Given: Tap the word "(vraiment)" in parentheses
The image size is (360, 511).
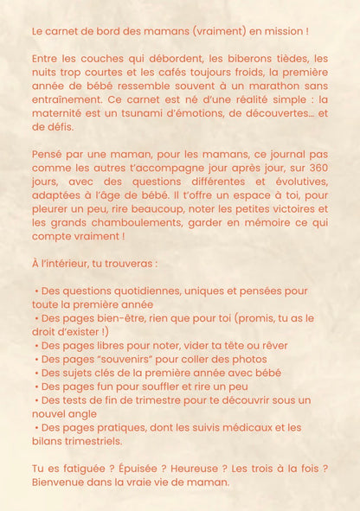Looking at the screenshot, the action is pos(209,31).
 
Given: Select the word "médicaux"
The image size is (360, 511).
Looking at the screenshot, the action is pos(248,427).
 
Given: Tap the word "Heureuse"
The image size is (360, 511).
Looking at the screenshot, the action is pos(200,469).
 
